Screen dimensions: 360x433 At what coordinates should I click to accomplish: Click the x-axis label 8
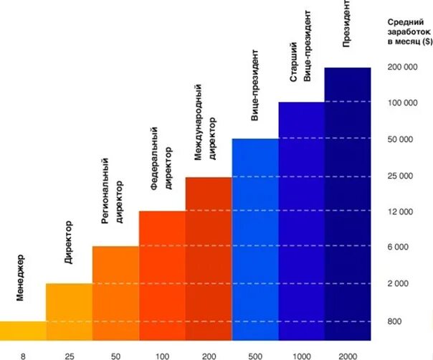(x=22, y=355)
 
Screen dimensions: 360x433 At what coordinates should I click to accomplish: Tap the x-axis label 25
(x=69, y=355)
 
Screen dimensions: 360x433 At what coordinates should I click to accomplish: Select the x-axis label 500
(x=254, y=355)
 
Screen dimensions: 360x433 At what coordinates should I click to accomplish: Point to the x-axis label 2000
(x=347, y=355)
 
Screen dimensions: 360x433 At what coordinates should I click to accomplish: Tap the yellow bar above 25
(x=69, y=312)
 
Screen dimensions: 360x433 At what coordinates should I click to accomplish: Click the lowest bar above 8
(x=22, y=331)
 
